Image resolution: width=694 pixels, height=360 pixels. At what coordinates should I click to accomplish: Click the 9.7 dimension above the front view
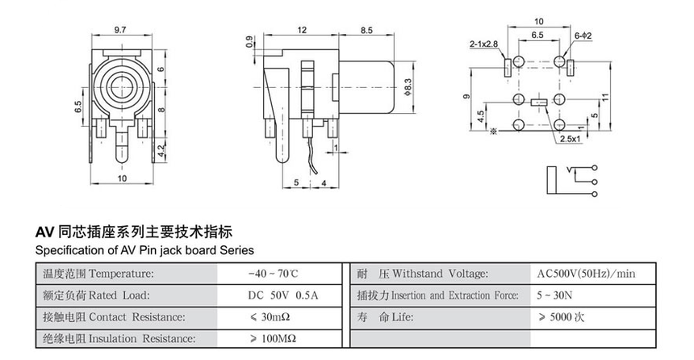pyautogui.click(x=119, y=29)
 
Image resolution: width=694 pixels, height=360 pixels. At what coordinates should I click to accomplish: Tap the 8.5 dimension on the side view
pyautogui.click(x=366, y=30)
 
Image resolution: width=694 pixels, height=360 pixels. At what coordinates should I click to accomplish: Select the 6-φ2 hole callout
pyautogui.click(x=583, y=36)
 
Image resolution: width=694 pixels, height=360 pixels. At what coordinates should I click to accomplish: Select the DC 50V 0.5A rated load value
pyautogui.click(x=282, y=295)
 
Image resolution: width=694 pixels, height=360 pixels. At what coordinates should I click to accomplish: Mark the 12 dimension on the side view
pyautogui.click(x=302, y=30)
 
